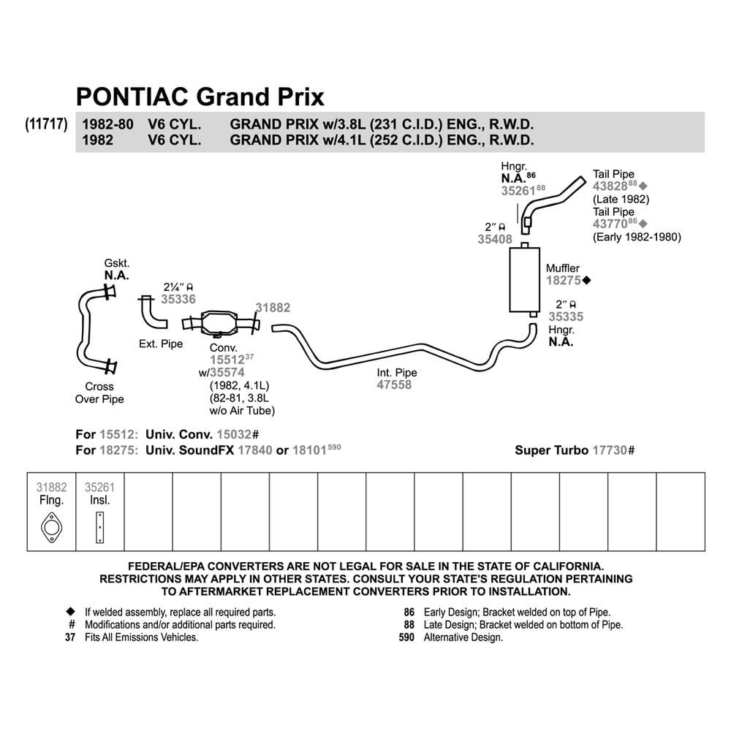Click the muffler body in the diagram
[524, 280]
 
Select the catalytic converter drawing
[220, 322]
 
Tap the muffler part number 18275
[564, 280]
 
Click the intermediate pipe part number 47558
[394, 385]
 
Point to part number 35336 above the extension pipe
[178, 299]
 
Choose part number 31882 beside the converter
[273, 307]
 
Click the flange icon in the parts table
[51, 528]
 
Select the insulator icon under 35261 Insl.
[99, 527]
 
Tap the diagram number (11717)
[46, 124]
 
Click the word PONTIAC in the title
[132, 96]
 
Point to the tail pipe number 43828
[610, 186]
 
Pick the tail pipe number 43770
[610, 224]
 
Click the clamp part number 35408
[495, 239]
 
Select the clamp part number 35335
[566, 317]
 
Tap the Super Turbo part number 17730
[610, 450]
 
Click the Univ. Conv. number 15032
[234, 434]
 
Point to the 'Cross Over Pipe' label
[99, 393]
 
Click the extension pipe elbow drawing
[153, 312]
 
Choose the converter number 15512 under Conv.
[227, 360]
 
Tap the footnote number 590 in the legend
[406, 637]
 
